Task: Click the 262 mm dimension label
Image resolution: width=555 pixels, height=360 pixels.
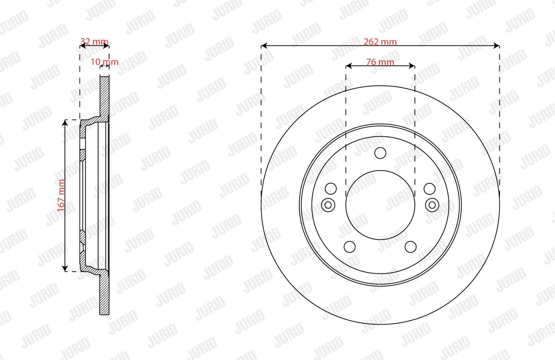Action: point(380,42)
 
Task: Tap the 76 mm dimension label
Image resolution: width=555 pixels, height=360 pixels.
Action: point(380,62)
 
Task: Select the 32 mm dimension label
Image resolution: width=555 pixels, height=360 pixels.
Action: point(94,41)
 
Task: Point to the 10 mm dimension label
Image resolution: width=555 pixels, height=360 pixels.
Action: point(104,62)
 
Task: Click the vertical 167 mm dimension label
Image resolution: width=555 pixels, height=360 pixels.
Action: point(61,196)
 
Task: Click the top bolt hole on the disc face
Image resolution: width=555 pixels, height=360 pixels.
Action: point(380,153)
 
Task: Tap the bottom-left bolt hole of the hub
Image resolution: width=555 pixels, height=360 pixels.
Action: point(349,247)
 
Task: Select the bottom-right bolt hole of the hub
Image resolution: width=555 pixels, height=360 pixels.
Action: point(410,247)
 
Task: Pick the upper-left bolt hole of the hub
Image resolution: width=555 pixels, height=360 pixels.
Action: point(331,189)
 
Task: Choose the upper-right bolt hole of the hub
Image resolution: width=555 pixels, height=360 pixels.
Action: point(430,189)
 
